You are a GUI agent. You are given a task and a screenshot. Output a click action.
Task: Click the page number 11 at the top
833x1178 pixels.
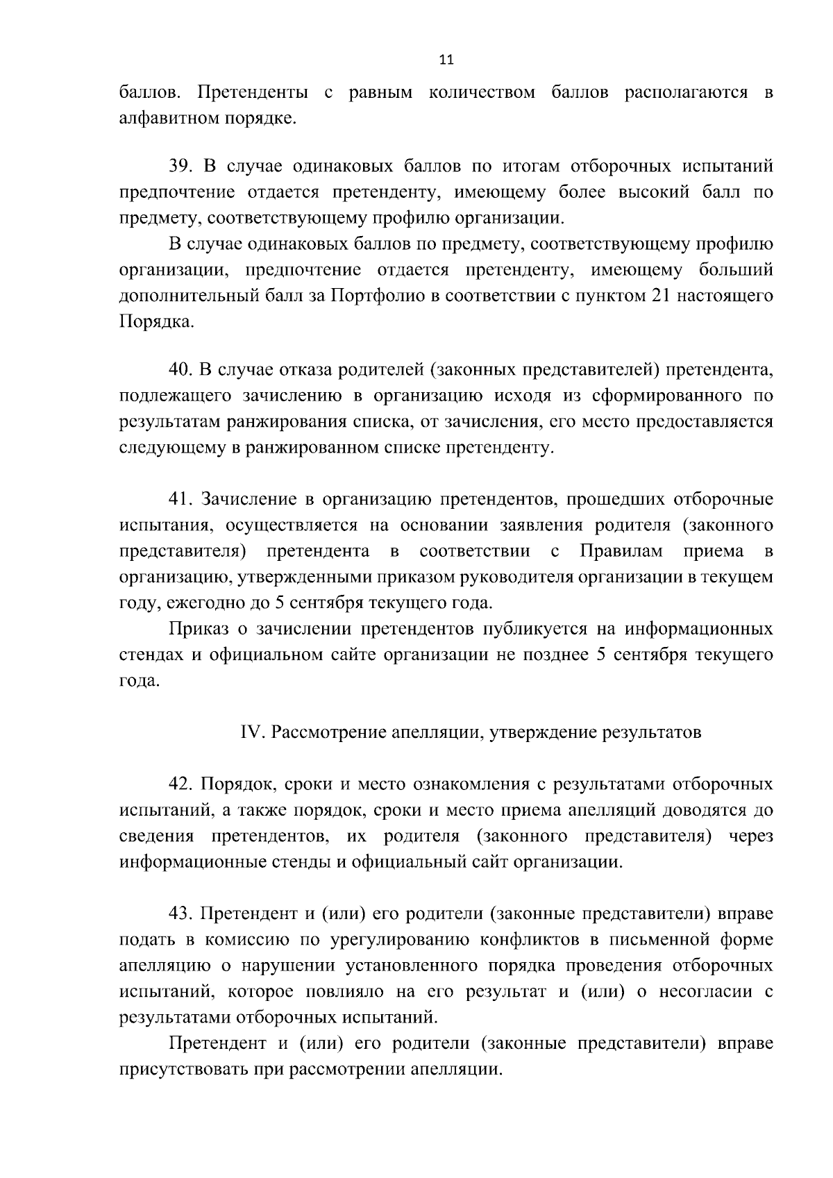[446, 60]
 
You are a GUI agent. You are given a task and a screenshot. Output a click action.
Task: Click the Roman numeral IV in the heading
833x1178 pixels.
[250, 733]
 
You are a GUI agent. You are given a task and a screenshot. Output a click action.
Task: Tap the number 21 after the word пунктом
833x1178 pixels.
[659, 296]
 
